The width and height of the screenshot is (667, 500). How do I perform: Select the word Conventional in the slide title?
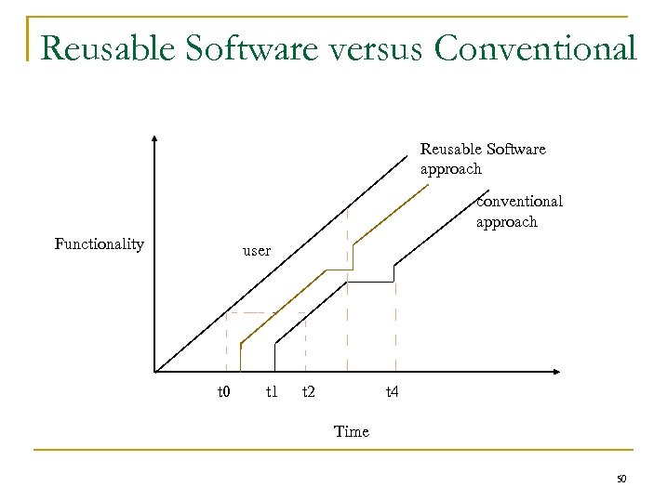tap(537, 48)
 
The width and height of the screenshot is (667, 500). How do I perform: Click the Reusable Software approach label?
tap(482, 159)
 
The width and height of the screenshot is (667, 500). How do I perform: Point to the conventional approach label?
tap(518, 212)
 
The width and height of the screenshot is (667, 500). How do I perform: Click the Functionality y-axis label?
tap(99, 244)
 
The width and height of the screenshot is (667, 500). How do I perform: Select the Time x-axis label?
tap(351, 431)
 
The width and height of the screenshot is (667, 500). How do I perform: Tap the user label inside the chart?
tap(256, 251)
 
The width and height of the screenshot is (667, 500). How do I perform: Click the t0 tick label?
tap(223, 392)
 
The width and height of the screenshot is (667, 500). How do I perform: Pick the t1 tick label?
tap(271, 392)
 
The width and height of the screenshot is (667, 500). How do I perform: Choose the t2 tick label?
tap(308, 392)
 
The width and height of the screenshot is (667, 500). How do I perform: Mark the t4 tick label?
tap(392, 392)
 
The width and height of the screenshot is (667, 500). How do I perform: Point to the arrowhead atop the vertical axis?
tap(154, 138)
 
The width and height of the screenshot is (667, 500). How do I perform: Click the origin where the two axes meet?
tap(155, 372)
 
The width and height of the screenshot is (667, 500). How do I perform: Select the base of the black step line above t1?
tap(274, 371)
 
